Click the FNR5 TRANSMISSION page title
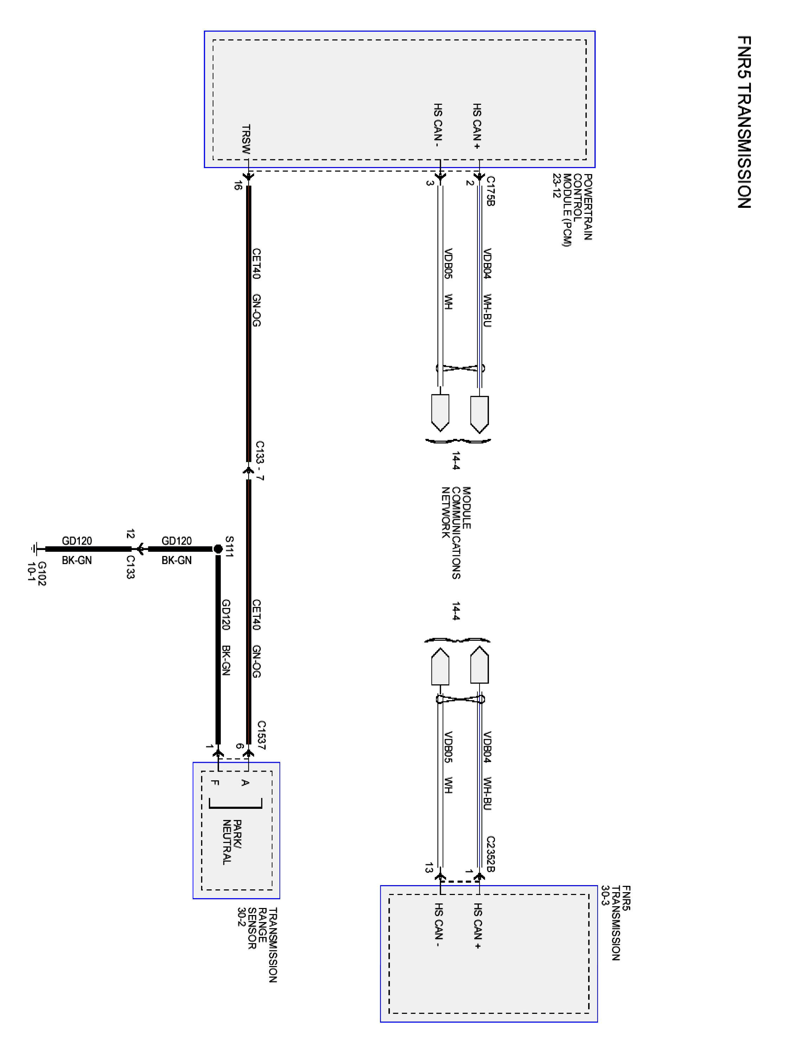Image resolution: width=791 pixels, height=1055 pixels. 744,122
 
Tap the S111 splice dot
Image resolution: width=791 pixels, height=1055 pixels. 218,549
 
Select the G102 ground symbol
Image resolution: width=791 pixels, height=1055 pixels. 34,549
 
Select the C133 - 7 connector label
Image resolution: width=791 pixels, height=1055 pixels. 260,460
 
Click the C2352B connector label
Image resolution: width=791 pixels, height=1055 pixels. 491,854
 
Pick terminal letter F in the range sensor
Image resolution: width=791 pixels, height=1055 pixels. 215,783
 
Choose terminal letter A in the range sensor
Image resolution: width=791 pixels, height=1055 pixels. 245,783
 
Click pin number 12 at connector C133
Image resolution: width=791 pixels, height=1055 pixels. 130,534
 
